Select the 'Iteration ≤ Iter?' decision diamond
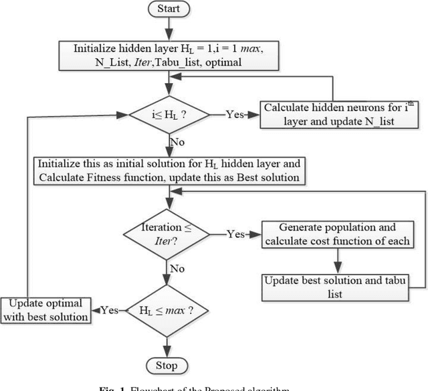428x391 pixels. click(x=167, y=234)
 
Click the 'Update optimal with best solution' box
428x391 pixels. click(x=46, y=309)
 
